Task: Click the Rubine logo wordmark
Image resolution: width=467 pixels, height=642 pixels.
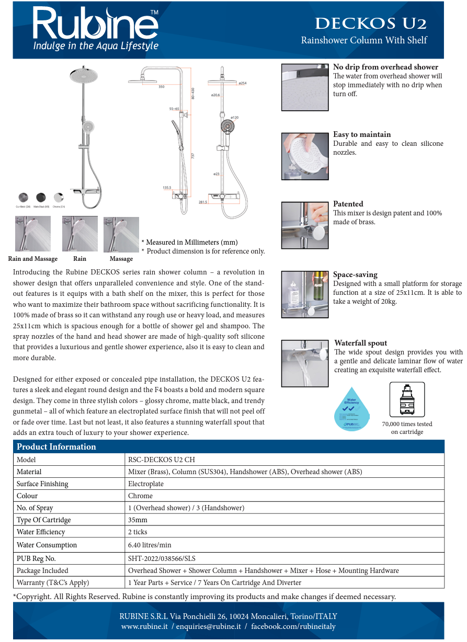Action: pos(96,24)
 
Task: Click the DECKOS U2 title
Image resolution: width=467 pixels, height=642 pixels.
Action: pos(371,24)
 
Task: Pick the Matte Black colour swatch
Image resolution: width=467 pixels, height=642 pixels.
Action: pos(41,198)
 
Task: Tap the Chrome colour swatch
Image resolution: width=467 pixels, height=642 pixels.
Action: pos(59,198)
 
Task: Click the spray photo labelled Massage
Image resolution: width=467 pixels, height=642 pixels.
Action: pos(121,234)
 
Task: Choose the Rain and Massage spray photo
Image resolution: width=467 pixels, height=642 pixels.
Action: pos(32,234)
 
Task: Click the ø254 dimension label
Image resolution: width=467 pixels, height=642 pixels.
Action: pos(242,83)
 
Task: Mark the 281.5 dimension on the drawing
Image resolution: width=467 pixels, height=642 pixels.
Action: pos(203,201)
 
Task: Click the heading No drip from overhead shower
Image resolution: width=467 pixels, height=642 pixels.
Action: pos(385,67)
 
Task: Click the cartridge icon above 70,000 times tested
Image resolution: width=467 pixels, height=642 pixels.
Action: pos(407,400)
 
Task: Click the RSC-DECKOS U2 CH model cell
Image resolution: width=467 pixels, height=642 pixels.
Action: pos(161,460)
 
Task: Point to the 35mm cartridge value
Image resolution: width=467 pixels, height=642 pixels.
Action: pos(138,520)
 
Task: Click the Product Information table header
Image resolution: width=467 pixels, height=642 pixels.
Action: pos(56,446)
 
